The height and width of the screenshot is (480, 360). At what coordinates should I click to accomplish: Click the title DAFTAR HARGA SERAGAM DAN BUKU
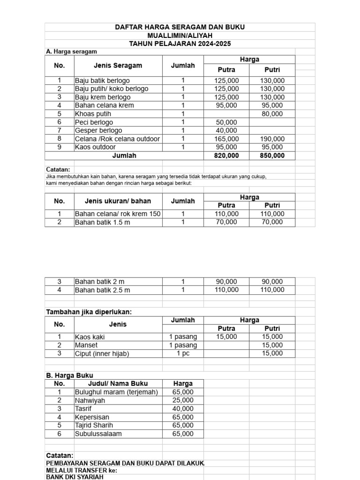[180, 27]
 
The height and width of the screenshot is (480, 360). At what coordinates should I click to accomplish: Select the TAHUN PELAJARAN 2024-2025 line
[180, 44]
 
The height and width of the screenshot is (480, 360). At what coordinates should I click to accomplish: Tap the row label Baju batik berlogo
[102, 81]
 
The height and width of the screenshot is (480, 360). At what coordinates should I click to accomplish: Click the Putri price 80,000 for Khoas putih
[272, 113]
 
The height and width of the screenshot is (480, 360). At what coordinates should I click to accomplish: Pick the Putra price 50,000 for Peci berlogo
[226, 122]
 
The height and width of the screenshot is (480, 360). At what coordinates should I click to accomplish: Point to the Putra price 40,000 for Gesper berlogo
[226, 130]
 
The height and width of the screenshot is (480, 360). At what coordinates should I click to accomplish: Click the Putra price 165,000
[226, 139]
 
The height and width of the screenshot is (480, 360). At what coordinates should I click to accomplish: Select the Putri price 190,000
[272, 139]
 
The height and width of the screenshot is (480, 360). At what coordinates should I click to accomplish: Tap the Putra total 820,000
[226, 156]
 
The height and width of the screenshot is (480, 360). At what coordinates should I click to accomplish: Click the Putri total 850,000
[272, 156]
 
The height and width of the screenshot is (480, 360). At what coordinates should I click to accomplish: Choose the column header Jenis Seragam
[118, 65]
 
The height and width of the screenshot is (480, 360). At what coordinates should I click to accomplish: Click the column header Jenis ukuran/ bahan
[118, 201]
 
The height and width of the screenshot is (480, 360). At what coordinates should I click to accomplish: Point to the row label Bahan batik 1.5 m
[102, 222]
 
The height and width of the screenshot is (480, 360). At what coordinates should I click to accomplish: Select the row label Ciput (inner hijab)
[102, 353]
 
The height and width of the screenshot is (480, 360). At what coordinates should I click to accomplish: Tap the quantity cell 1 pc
[183, 353]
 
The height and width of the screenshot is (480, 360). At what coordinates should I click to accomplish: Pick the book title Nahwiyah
[90, 400]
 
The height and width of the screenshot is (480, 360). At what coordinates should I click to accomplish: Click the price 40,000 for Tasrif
[183, 409]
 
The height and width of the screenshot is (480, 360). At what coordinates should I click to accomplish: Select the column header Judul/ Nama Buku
[118, 383]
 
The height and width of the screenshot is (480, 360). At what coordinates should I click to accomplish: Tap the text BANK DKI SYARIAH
[74, 477]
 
